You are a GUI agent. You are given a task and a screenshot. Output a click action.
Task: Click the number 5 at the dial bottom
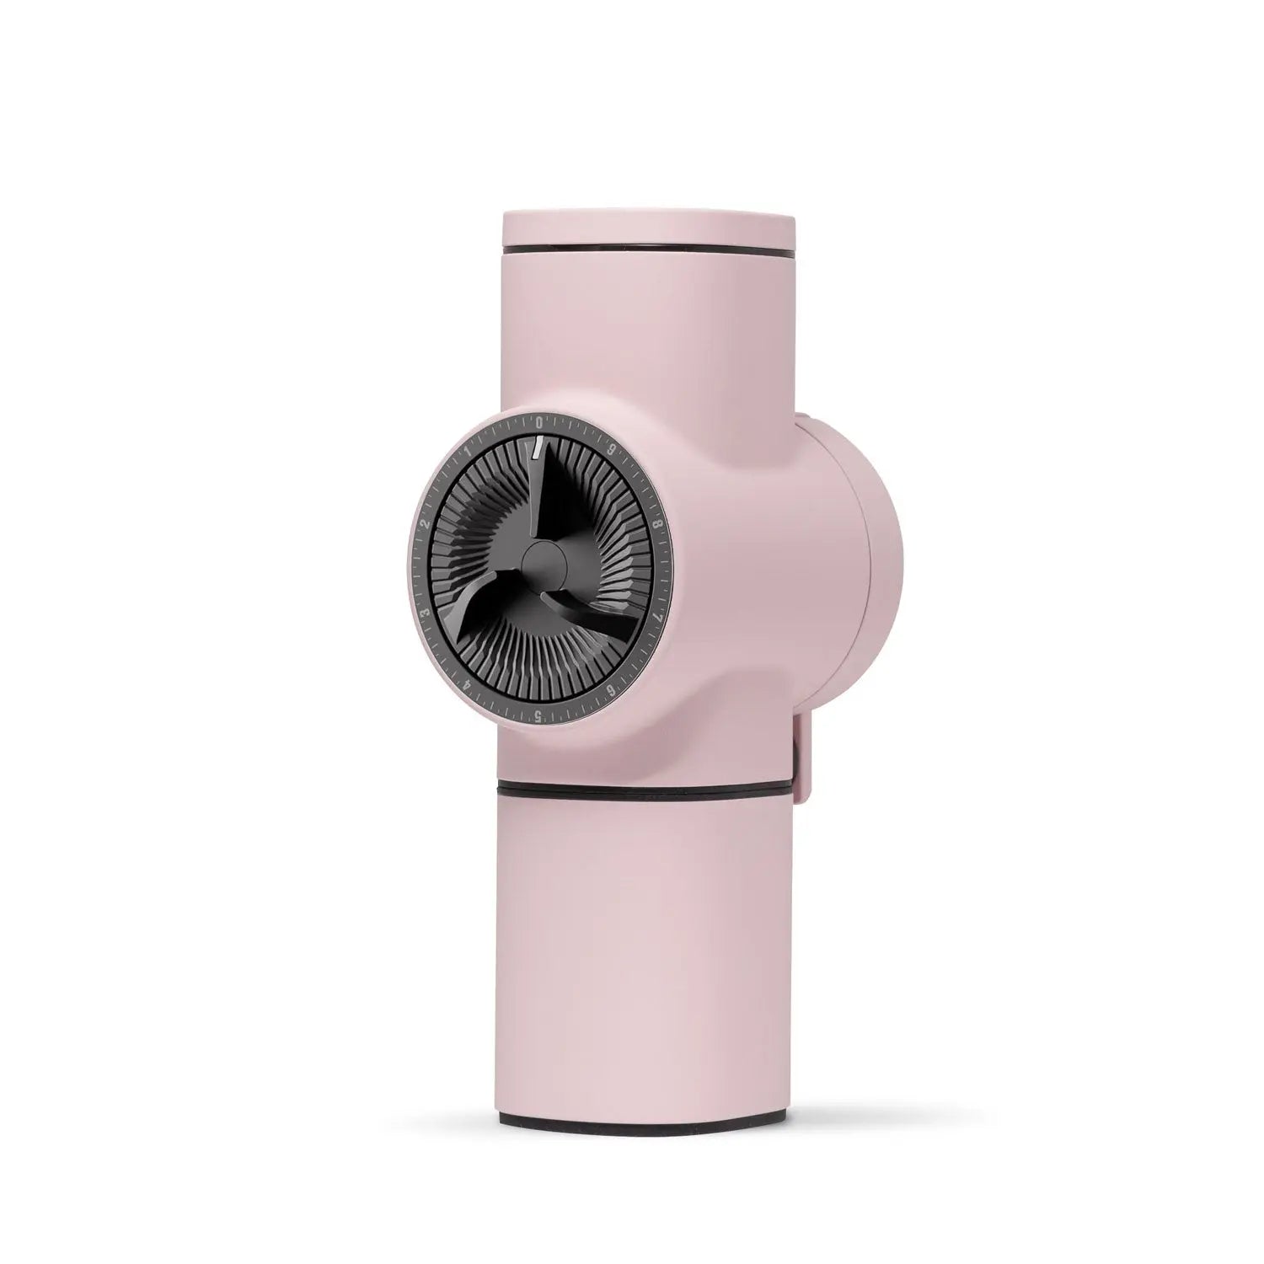point(537,715)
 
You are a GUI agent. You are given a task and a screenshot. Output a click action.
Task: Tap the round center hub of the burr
point(543,560)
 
